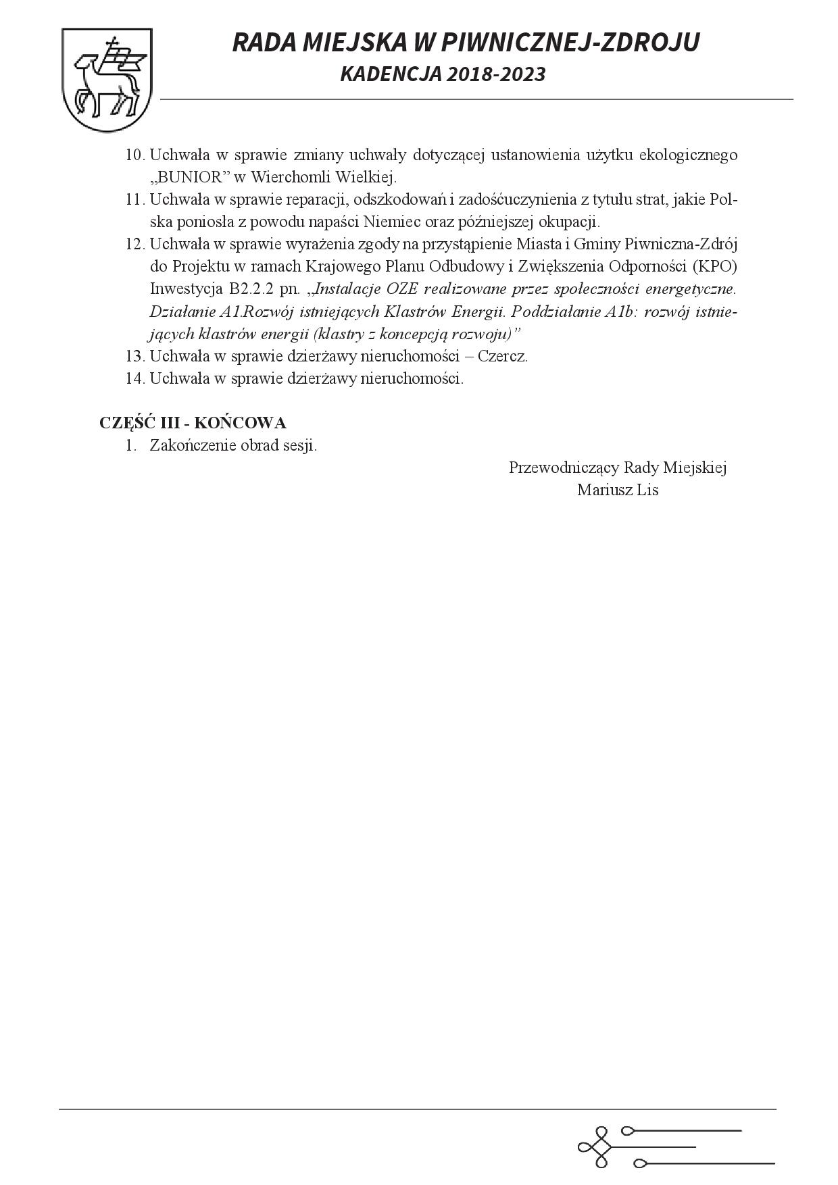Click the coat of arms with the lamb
point(106,80)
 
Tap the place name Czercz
point(502,356)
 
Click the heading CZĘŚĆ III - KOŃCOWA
point(193,423)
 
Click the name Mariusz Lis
point(617,490)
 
